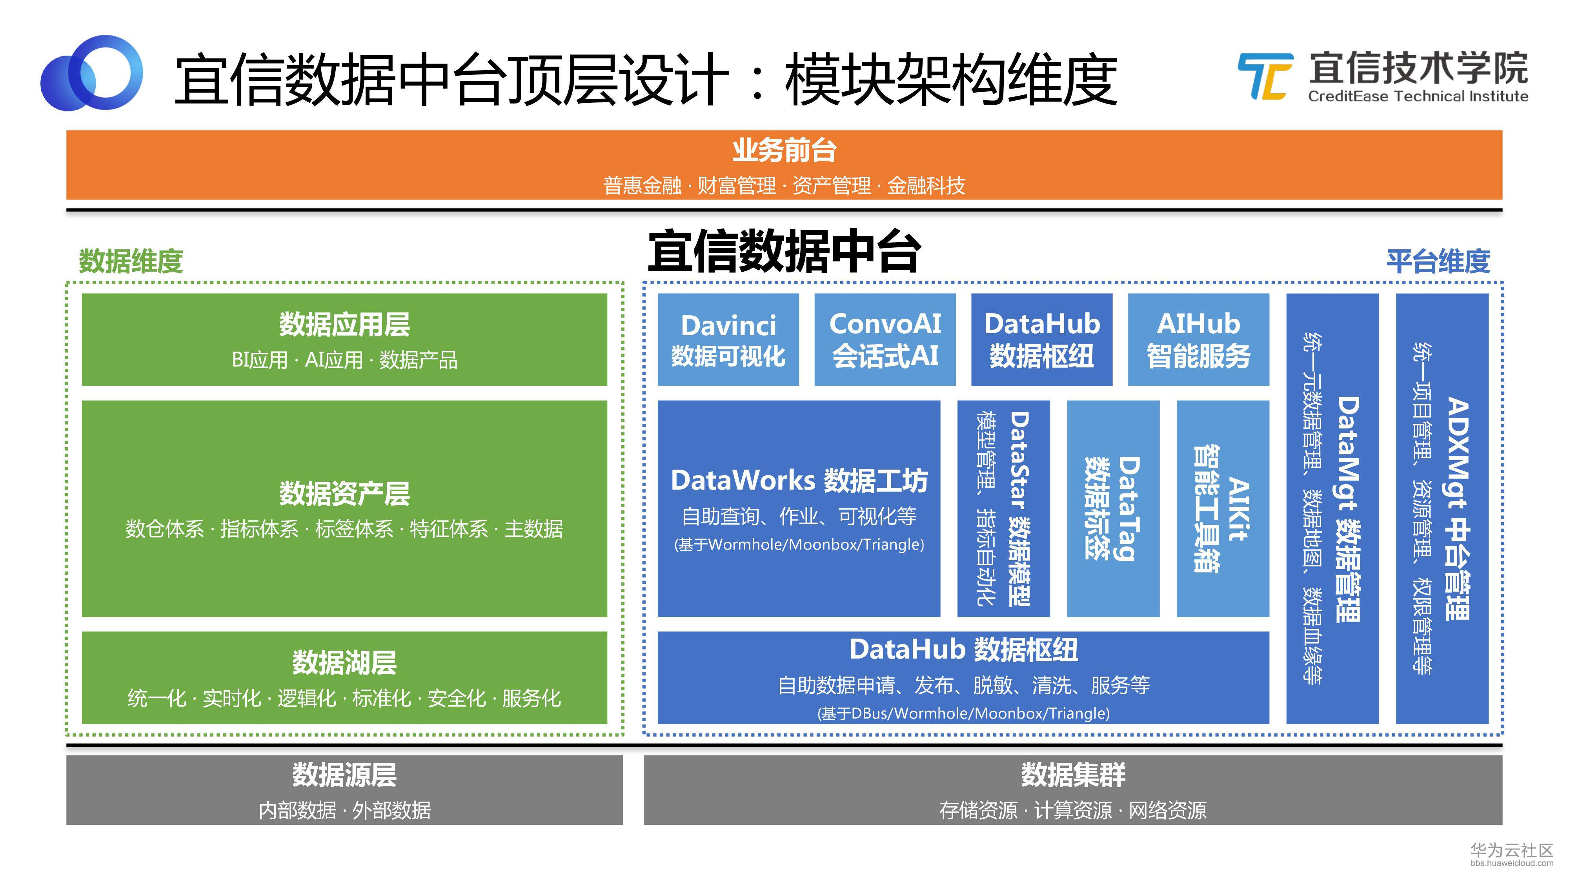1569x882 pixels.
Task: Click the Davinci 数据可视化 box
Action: point(728,339)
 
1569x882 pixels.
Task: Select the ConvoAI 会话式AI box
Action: point(885,339)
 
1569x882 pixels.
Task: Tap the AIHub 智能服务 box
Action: point(1198,339)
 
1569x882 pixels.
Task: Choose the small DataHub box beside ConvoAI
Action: point(1041,339)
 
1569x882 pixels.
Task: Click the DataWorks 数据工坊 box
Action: point(799,508)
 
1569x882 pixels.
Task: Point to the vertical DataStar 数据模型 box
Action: point(1003,508)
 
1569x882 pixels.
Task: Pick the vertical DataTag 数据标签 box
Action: point(1113,508)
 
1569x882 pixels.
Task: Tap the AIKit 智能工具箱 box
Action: point(1222,508)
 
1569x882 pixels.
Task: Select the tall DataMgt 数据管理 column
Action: point(1332,508)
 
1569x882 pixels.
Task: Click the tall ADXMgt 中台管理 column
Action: point(1442,508)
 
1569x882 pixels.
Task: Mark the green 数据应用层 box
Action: point(344,339)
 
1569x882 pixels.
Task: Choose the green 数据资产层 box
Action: point(344,508)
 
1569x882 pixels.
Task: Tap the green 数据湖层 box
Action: point(344,677)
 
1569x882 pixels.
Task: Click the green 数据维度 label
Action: point(131,261)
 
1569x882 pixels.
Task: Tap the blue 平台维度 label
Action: point(1438,261)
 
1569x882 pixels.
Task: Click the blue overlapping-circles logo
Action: point(91,73)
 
